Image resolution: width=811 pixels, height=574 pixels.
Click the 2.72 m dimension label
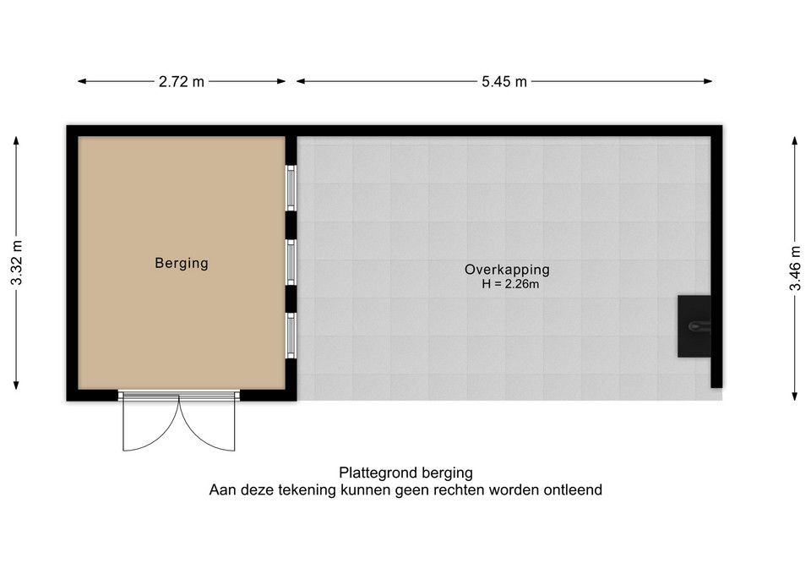182,81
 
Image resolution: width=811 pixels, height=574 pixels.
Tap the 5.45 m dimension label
504,81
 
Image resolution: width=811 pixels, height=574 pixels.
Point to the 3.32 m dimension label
17,262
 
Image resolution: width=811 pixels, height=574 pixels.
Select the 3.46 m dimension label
795,268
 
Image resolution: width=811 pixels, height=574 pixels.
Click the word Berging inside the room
182,264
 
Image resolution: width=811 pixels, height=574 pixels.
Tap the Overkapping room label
507,269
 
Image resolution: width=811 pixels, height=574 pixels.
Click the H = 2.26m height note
510,284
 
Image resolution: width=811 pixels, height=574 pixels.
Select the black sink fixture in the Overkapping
694,326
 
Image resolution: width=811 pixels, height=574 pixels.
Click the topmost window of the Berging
291,188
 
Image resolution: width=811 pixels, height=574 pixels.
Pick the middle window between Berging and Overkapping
291,262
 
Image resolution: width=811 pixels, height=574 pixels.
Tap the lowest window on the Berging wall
291,336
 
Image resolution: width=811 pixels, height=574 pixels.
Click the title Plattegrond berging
406,473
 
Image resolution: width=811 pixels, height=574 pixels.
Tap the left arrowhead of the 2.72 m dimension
82,81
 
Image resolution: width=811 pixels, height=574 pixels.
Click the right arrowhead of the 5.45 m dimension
708,81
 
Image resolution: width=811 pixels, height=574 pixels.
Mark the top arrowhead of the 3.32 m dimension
17,141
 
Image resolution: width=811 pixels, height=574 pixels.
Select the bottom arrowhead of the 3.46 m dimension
795,396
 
